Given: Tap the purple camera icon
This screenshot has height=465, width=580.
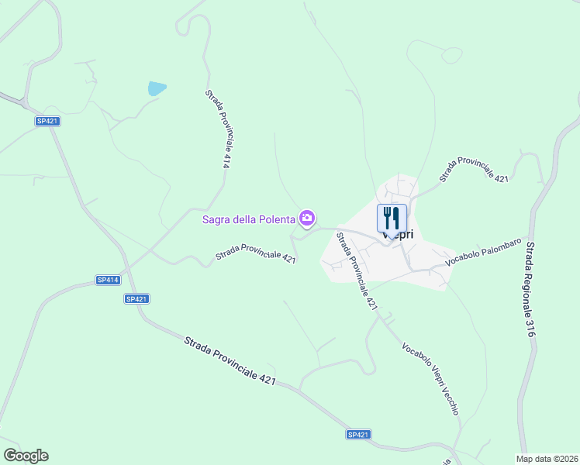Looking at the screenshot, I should [308, 219].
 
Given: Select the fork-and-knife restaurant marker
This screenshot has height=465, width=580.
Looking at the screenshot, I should [392, 218].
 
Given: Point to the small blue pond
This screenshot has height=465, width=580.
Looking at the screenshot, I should [157, 88].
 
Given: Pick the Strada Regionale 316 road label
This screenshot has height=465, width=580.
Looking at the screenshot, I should [530, 288].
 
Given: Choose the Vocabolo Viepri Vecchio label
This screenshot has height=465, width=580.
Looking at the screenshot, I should [430, 378].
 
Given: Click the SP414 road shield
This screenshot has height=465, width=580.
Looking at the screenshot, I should [108, 280].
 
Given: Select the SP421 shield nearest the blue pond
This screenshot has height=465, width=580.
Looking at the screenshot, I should [47, 121].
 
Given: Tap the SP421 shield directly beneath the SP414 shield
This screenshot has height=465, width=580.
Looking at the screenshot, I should [136, 298].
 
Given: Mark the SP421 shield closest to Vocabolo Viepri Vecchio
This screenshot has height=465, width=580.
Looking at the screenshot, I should [358, 436].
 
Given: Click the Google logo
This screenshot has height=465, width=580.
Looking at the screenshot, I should [26, 456].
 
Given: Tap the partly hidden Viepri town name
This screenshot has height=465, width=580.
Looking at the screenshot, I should [403, 235].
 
